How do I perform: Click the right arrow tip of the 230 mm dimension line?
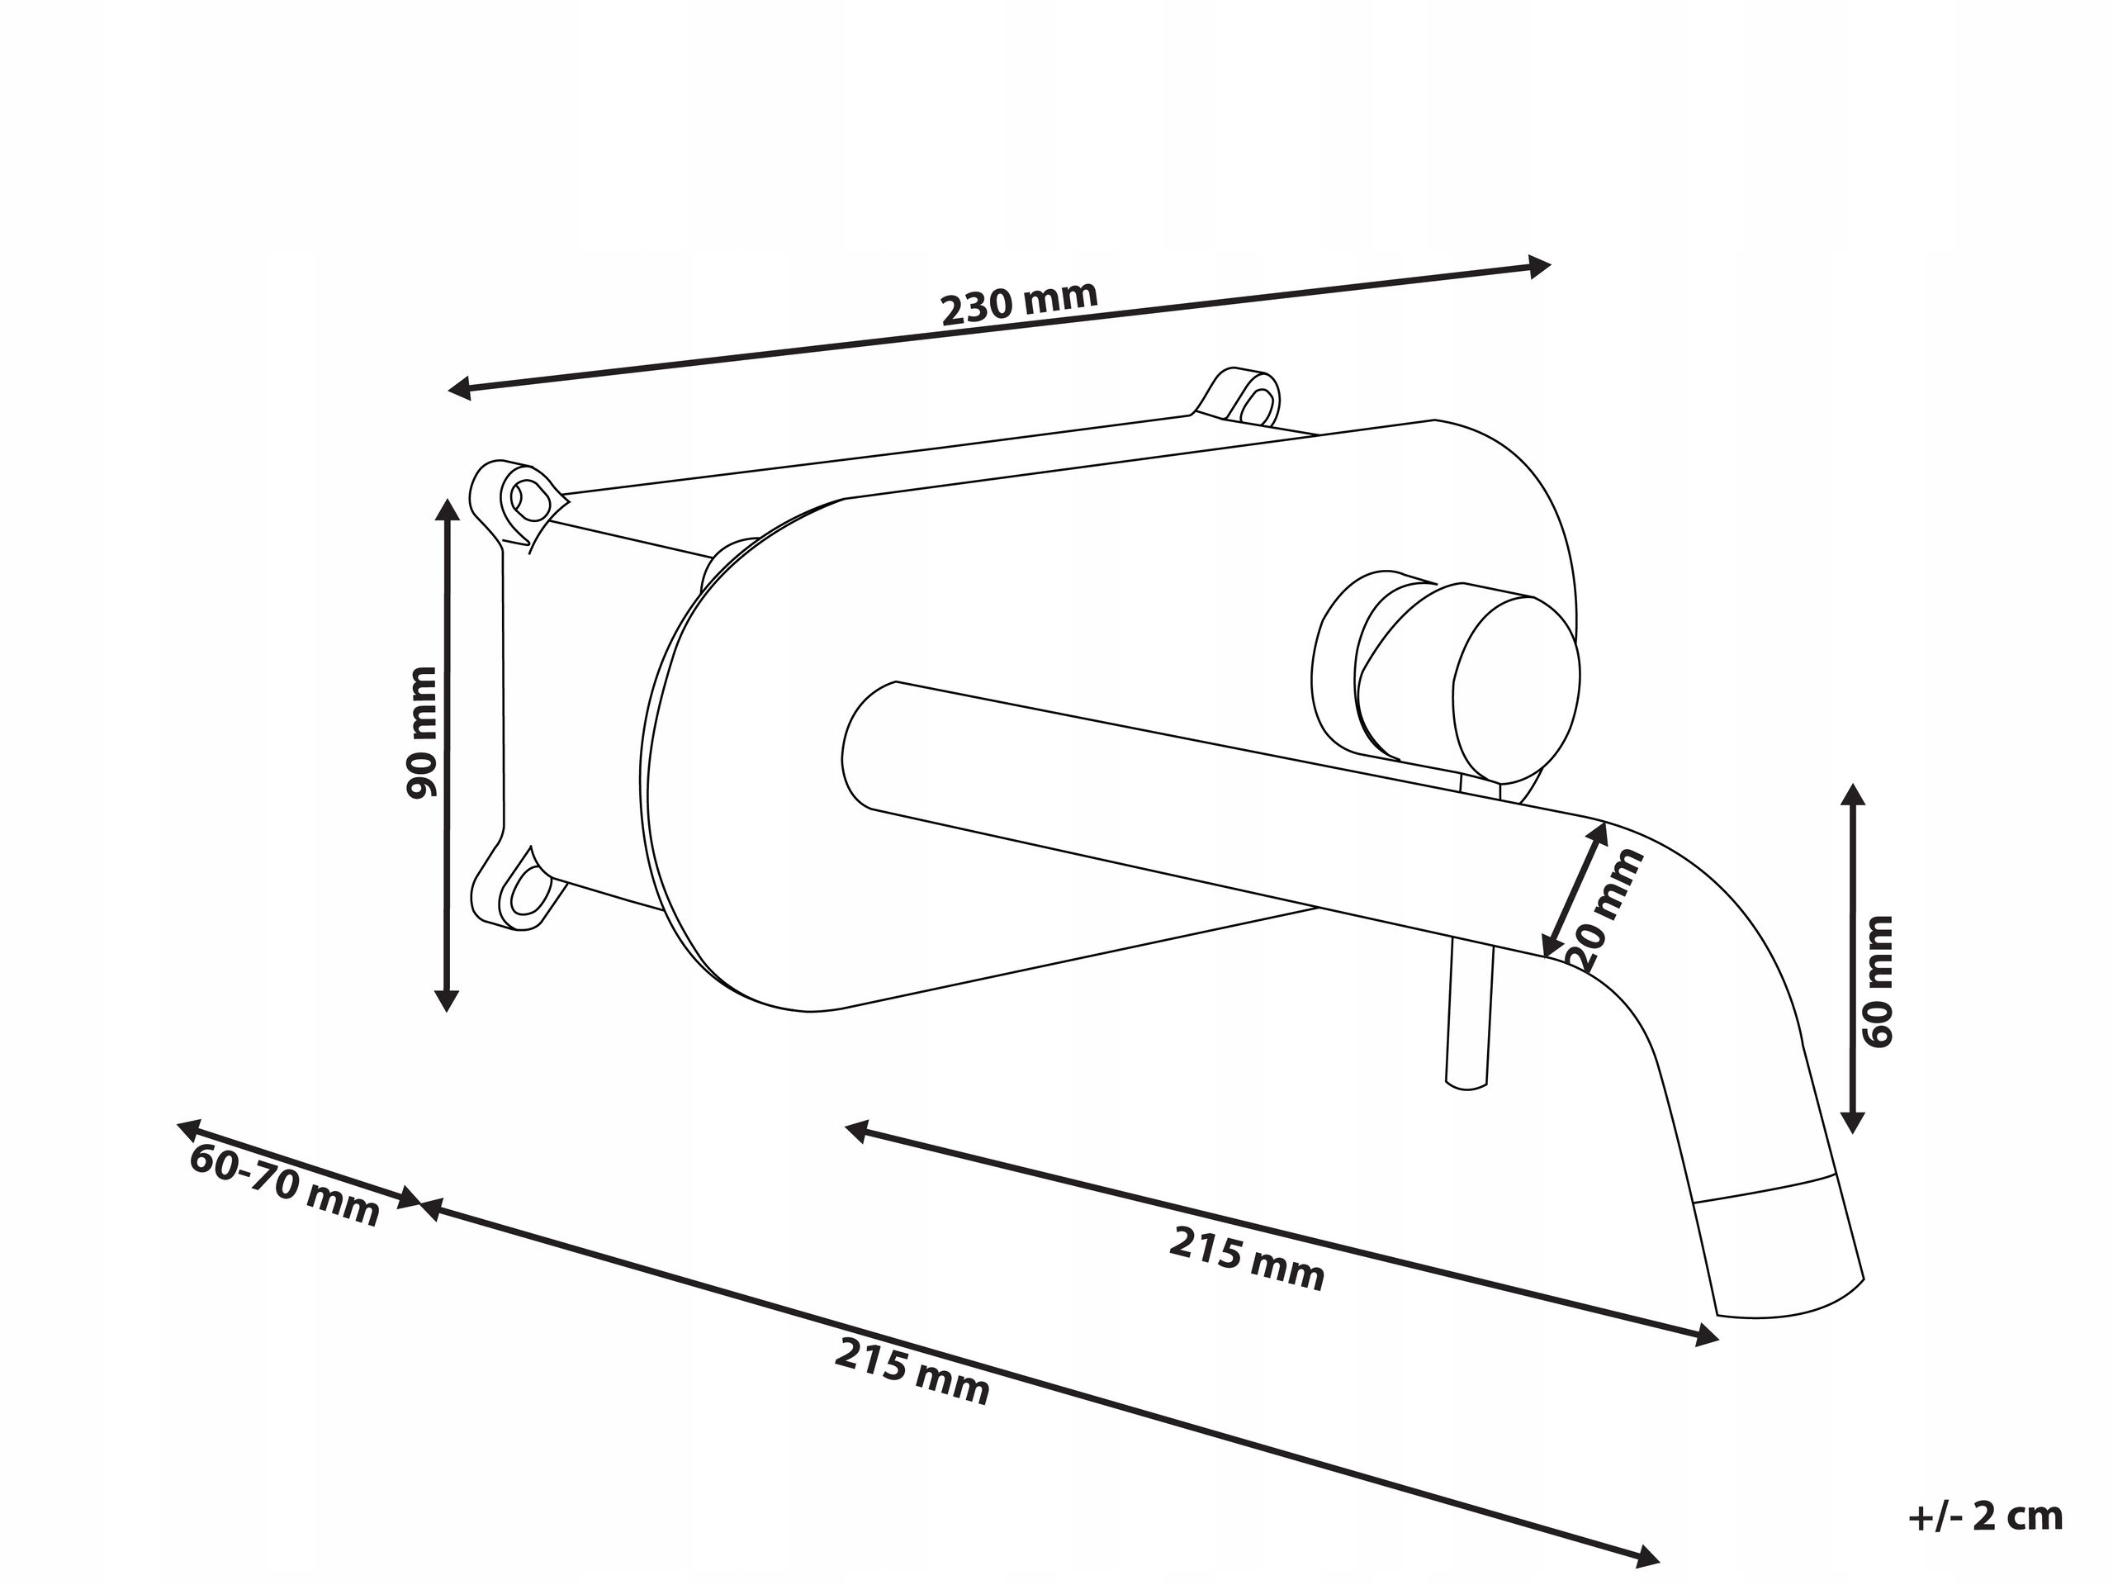(1549, 266)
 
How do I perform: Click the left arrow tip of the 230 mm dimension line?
(449, 389)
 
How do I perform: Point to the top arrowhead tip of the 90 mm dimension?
(446, 498)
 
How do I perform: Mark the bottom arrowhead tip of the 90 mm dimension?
(446, 1011)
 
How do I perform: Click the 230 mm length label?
(1019, 302)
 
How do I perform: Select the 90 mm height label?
(421, 733)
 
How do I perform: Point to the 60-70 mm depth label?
(285, 1184)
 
